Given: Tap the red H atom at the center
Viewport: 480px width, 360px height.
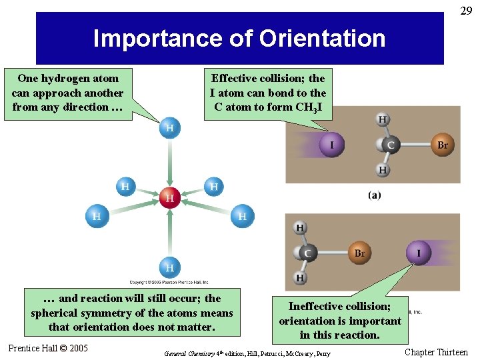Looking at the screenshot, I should pyautogui.click(x=169, y=197).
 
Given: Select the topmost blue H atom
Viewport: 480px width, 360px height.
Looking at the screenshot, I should pyautogui.click(x=169, y=127).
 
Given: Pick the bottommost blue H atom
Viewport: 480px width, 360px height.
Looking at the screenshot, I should pyautogui.click(x=169, y=267).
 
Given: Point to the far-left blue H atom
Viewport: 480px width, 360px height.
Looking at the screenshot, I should pyautogui.click(x=97, y=216).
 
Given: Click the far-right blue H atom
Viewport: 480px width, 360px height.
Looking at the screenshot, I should pyautogui.click(x=242, y=216).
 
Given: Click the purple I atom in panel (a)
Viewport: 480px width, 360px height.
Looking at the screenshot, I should pyautogui.click(x=331, y=145).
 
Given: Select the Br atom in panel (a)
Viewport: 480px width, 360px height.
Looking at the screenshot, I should pyautogui.click(x=442, y=145).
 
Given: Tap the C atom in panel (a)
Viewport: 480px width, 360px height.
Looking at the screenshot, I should pyautogui.click(x=390, y=145).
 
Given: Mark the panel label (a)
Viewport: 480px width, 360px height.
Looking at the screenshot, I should pyautogui.click(x=374, y=195).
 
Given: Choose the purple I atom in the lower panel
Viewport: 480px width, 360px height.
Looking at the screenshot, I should pyautogui.click(x=419, y=253).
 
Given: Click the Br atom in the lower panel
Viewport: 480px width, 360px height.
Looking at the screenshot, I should pyautogui.click(x=359, y=253).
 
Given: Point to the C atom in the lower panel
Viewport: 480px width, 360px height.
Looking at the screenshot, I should pyautogui.click(x=307, y=253).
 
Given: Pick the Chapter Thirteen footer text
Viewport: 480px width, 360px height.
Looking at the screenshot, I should pyautogui.click(x=436, y=352).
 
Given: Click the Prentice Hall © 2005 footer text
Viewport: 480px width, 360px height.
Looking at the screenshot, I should pyautogui.click(x=48, y=348).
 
